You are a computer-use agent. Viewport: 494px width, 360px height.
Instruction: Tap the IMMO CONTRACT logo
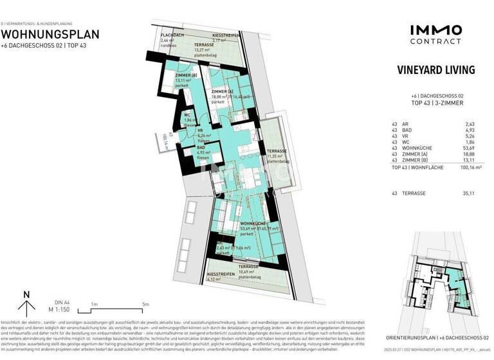[435, 33]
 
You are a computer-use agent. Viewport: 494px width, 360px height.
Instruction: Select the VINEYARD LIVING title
[435, 70]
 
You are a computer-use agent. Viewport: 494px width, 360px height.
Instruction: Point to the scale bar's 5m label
[145, 304]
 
